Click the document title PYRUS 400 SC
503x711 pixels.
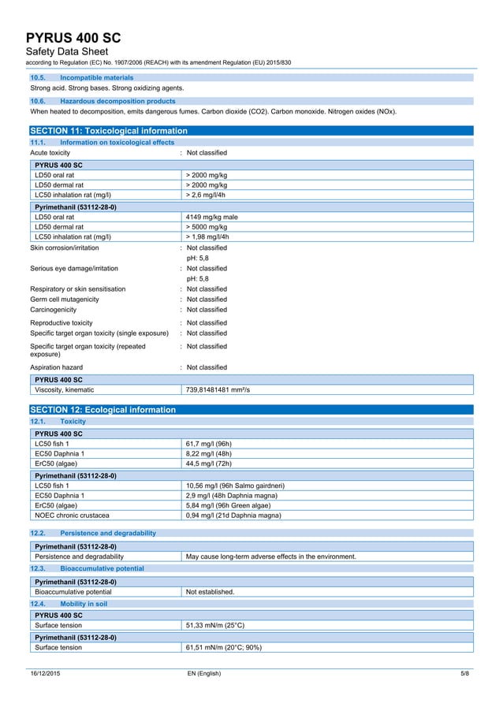[73, 39]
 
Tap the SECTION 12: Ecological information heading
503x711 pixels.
[102, 410]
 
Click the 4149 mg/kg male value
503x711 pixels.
[211, 216]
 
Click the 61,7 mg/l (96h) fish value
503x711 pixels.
[208, 444]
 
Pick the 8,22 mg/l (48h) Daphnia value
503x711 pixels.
[209, 454]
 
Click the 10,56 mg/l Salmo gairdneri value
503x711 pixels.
[235, 485]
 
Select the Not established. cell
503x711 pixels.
[210, 591]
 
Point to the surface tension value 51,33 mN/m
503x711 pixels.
[214, 625]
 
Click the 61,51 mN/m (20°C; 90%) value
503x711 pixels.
[223, 647]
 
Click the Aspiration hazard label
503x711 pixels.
[56, 367]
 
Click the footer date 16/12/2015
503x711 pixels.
[45, 673]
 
